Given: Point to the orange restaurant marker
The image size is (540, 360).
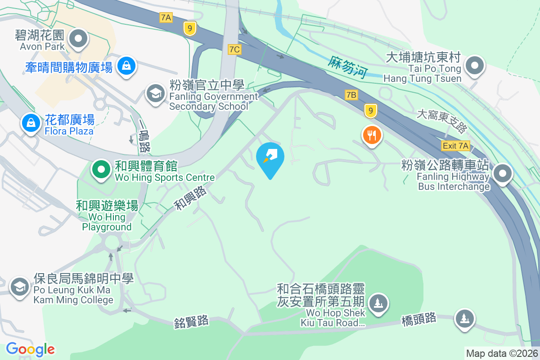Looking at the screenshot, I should tap(372, 135).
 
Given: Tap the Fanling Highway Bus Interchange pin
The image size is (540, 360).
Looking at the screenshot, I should tap(503, 173).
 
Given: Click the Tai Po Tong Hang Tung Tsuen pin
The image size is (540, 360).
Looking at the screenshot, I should tap(474, 66).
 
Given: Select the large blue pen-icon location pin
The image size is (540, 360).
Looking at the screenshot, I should tap(270, 157).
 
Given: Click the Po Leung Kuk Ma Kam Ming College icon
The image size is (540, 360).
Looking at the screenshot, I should tap(19, 286).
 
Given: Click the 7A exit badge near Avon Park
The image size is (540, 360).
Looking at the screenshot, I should tap(166, 18).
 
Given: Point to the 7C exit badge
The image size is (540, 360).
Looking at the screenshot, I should tap(234, 49).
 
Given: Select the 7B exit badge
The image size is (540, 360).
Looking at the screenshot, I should tap(351, 95).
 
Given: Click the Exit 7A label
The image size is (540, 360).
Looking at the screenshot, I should tap(456, 145).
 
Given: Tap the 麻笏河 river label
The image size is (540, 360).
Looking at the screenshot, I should tap(347, 67).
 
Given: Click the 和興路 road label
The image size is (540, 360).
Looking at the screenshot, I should tap(190, 198).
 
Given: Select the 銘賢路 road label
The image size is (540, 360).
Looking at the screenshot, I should tap(191, 321).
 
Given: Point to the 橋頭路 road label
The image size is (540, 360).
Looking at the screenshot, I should tap(418, 319).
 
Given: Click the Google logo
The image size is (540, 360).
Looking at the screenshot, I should tap(30, 349).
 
